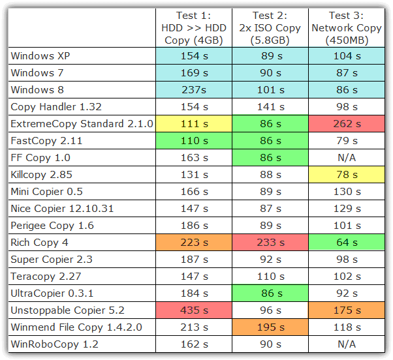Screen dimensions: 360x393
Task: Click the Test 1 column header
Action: point(193,27)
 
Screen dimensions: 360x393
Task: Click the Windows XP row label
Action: point(40,56)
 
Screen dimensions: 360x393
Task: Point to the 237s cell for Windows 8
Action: point(193,90)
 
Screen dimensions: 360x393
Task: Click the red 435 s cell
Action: point(193,310)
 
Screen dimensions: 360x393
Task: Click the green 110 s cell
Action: point(193,141)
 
